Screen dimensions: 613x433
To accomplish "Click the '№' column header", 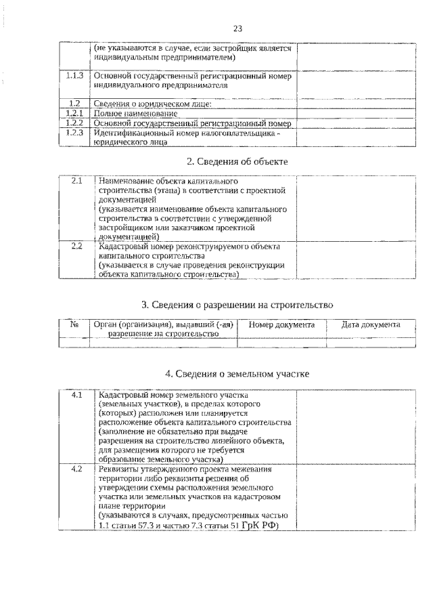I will click(74, 325).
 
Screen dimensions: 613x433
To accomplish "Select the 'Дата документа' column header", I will click(371, 325).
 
